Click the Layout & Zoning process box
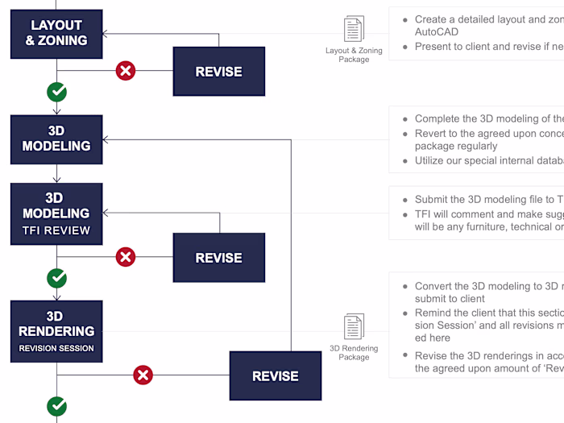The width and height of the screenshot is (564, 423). point(56,33)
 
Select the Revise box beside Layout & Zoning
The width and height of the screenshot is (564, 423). point(218,72)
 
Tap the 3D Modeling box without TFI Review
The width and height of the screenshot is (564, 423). point(56,139)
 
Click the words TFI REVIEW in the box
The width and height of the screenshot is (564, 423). point(56,230)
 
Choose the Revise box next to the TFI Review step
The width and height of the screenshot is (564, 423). point(218,258)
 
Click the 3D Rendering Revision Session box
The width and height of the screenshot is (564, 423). point(56,331)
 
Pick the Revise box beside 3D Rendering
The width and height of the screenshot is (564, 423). point(275,375)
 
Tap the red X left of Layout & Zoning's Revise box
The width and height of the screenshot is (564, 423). point(126,71)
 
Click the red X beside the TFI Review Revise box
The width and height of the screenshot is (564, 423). point(126,257)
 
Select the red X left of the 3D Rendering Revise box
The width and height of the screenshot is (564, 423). point(143,375)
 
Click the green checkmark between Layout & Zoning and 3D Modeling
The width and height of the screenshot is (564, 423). point(56,92)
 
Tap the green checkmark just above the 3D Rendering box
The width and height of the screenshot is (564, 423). point(56,278)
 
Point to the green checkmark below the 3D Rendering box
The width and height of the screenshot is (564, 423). point(56,406)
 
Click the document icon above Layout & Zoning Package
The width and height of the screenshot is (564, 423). point(354,29)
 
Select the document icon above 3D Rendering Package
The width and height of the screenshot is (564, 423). point(354,327)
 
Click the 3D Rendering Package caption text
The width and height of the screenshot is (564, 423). point(354,353)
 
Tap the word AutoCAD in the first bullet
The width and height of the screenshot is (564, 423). point(437,32)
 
